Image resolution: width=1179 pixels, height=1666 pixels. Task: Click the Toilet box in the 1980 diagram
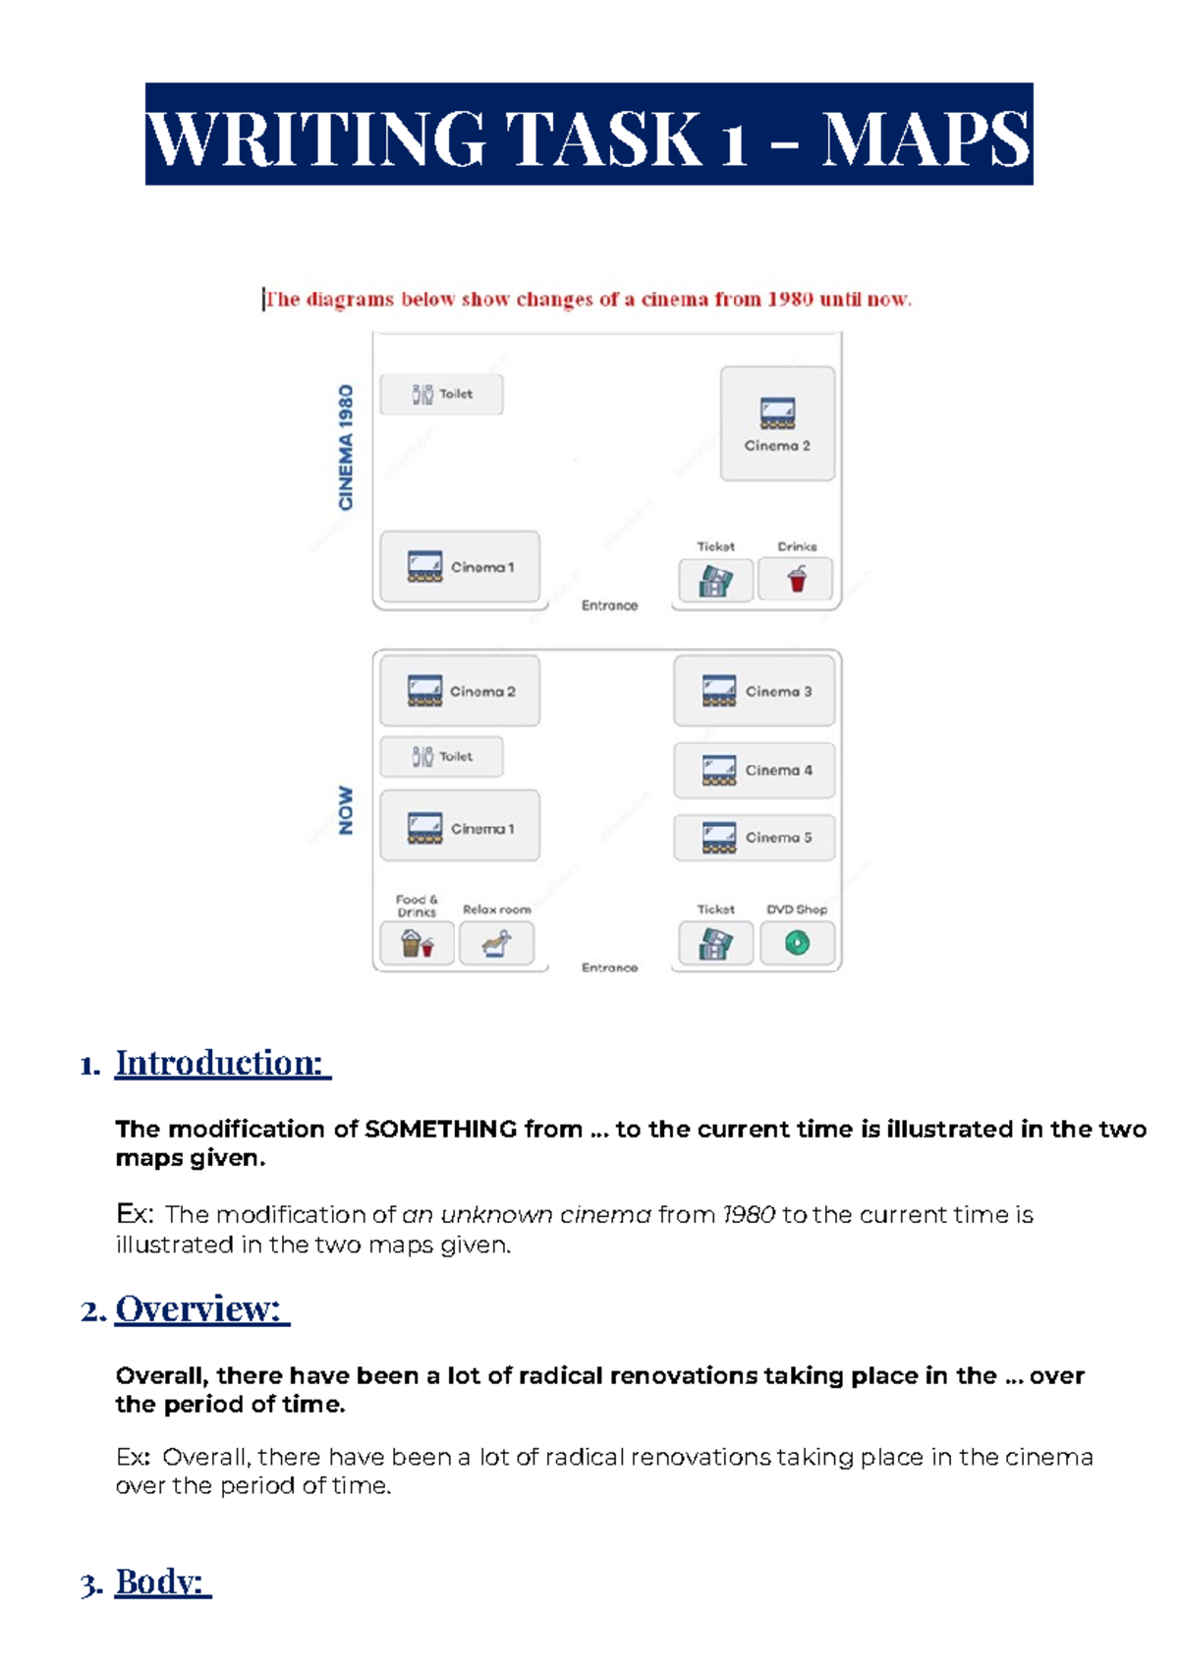pyautogui.click(x=441, y=394)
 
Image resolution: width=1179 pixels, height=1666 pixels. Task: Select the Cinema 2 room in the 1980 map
pyautogui.click(x=777, y=423)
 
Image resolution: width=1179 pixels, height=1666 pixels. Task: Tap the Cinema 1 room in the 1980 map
pyautogui.click(x=460, y=567)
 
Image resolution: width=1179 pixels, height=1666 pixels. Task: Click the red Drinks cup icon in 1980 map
pyautogui.click(x=797, y=580)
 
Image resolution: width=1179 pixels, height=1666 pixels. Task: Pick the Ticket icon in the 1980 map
pyautogui.click(x=715, y=581)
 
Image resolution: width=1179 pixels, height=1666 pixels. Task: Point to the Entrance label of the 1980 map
pyautogui.click(x=609, y=605)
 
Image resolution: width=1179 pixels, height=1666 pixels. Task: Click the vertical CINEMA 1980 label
pyautogui.click(x=345, y=447)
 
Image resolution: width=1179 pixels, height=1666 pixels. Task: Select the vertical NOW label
pyautogui.click(x=345, y=810)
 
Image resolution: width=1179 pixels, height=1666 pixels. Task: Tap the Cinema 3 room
pyautogui.click(x=754, y=692)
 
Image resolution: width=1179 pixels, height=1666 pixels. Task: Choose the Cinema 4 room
pyautogui.click(x=754, y=770)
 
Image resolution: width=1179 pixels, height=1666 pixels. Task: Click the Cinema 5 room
pyautogui.click(x=754, y=837)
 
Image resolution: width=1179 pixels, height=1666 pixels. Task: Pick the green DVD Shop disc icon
pyautogui.click(x=797, y=943)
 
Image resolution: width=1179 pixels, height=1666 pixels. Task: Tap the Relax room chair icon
pyautogui.click(x=496, y=944)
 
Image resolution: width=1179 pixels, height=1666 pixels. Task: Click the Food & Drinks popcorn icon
pyautogui.click(x=417, y=944)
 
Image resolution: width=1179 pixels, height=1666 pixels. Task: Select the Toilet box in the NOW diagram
pyautogui.click(x=441, y=756)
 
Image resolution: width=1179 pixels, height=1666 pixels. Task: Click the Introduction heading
pyautogui.click(x=222, y=1063)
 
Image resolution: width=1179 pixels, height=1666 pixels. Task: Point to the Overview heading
pyautogui.click(x=201, y=1308)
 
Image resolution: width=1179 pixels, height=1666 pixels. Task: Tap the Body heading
pyautogui.click(x=162, y=1582)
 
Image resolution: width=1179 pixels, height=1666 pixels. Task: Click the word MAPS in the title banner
pyautogui.click(x=926, y=139)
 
